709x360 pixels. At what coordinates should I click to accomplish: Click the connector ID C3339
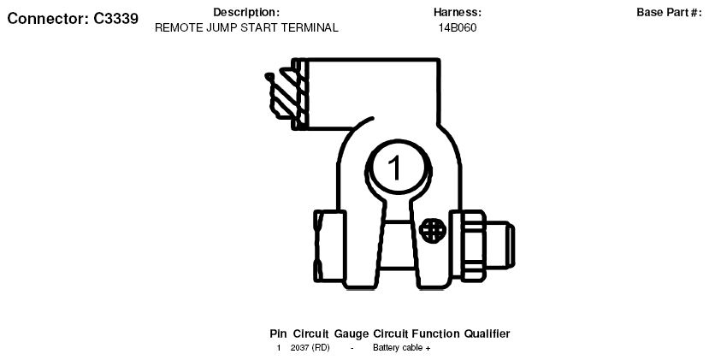coord(115,19)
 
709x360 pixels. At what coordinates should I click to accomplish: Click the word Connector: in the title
coord(49,19)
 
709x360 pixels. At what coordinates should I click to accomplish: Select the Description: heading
coord(246,12)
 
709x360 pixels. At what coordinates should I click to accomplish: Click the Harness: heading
coord(458,12)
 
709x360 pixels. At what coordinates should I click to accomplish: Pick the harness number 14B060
coord(458,27)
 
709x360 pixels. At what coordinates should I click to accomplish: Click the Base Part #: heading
coord(669,12)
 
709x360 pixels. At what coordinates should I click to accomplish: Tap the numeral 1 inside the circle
coord(395,168)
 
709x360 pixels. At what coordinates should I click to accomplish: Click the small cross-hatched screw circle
coord(433,230)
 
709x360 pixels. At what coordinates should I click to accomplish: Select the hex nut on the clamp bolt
coord(473,245)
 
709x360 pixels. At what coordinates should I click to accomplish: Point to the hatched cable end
coord(287,94)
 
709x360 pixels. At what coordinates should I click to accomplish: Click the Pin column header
coord(278,333)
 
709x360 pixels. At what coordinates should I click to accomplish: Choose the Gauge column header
coord(352,333)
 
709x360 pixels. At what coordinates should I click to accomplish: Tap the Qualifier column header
coord(487,333)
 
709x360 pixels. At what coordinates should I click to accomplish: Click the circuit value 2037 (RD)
coord(310,348)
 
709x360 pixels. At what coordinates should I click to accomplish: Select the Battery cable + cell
coord(401,348)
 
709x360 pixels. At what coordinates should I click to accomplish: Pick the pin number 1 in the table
coord(279,348)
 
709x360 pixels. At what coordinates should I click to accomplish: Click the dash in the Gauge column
coord(352,348)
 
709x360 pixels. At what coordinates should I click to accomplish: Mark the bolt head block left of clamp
coord(329,245)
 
